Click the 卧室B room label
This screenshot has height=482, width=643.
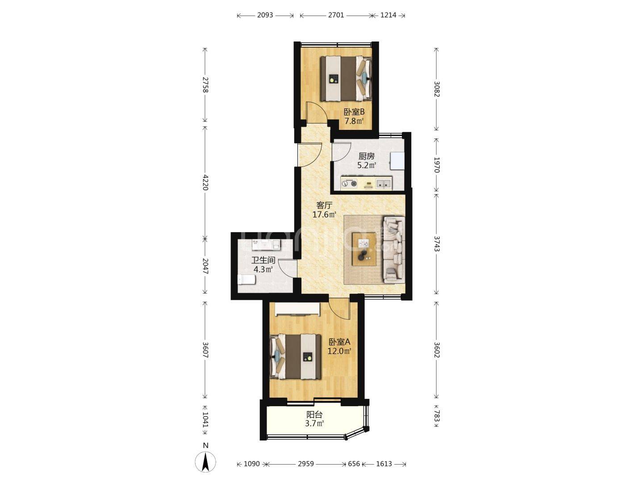pyautogui.click(x=354, y=112)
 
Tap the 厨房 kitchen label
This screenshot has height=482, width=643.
pyautogui.click(x=367, y=156)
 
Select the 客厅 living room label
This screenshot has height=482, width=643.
pyautogui.click(x=324, y=205)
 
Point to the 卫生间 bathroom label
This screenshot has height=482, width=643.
pyautogui.click(x=263, y=260)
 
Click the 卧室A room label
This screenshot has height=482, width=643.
pyautogui.click(x=339, y=342)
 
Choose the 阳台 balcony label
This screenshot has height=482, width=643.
pyautogui.click(x=314, y=415)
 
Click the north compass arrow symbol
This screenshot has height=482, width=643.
pyautogui.click(x=206, y=462)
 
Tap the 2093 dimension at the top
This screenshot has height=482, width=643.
pyautogui.click(x=265, y=15)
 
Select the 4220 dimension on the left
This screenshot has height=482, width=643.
pyautogui.click(x=205, y=183)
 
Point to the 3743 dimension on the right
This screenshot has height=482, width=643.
pyautogui.click(x=436, y=244)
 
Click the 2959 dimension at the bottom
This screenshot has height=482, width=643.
pyautogui.click(x=306, y=464)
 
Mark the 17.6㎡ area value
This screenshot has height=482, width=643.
pyautogui.click(x=324, y=215)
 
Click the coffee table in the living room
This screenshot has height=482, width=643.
pyautogui.click(x=364, y=249)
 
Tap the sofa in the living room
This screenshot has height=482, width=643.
pyautogui.click(x=394, y=250)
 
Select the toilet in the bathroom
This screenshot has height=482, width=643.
pyautogui.click(x=246, y=279)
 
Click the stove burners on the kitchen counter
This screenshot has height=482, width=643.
pyautogui.click(x=350, y=183)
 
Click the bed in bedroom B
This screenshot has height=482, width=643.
pyautogui.click(x=346, y=79)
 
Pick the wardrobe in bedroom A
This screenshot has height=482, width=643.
pyautogui.click(x=297, y=309)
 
